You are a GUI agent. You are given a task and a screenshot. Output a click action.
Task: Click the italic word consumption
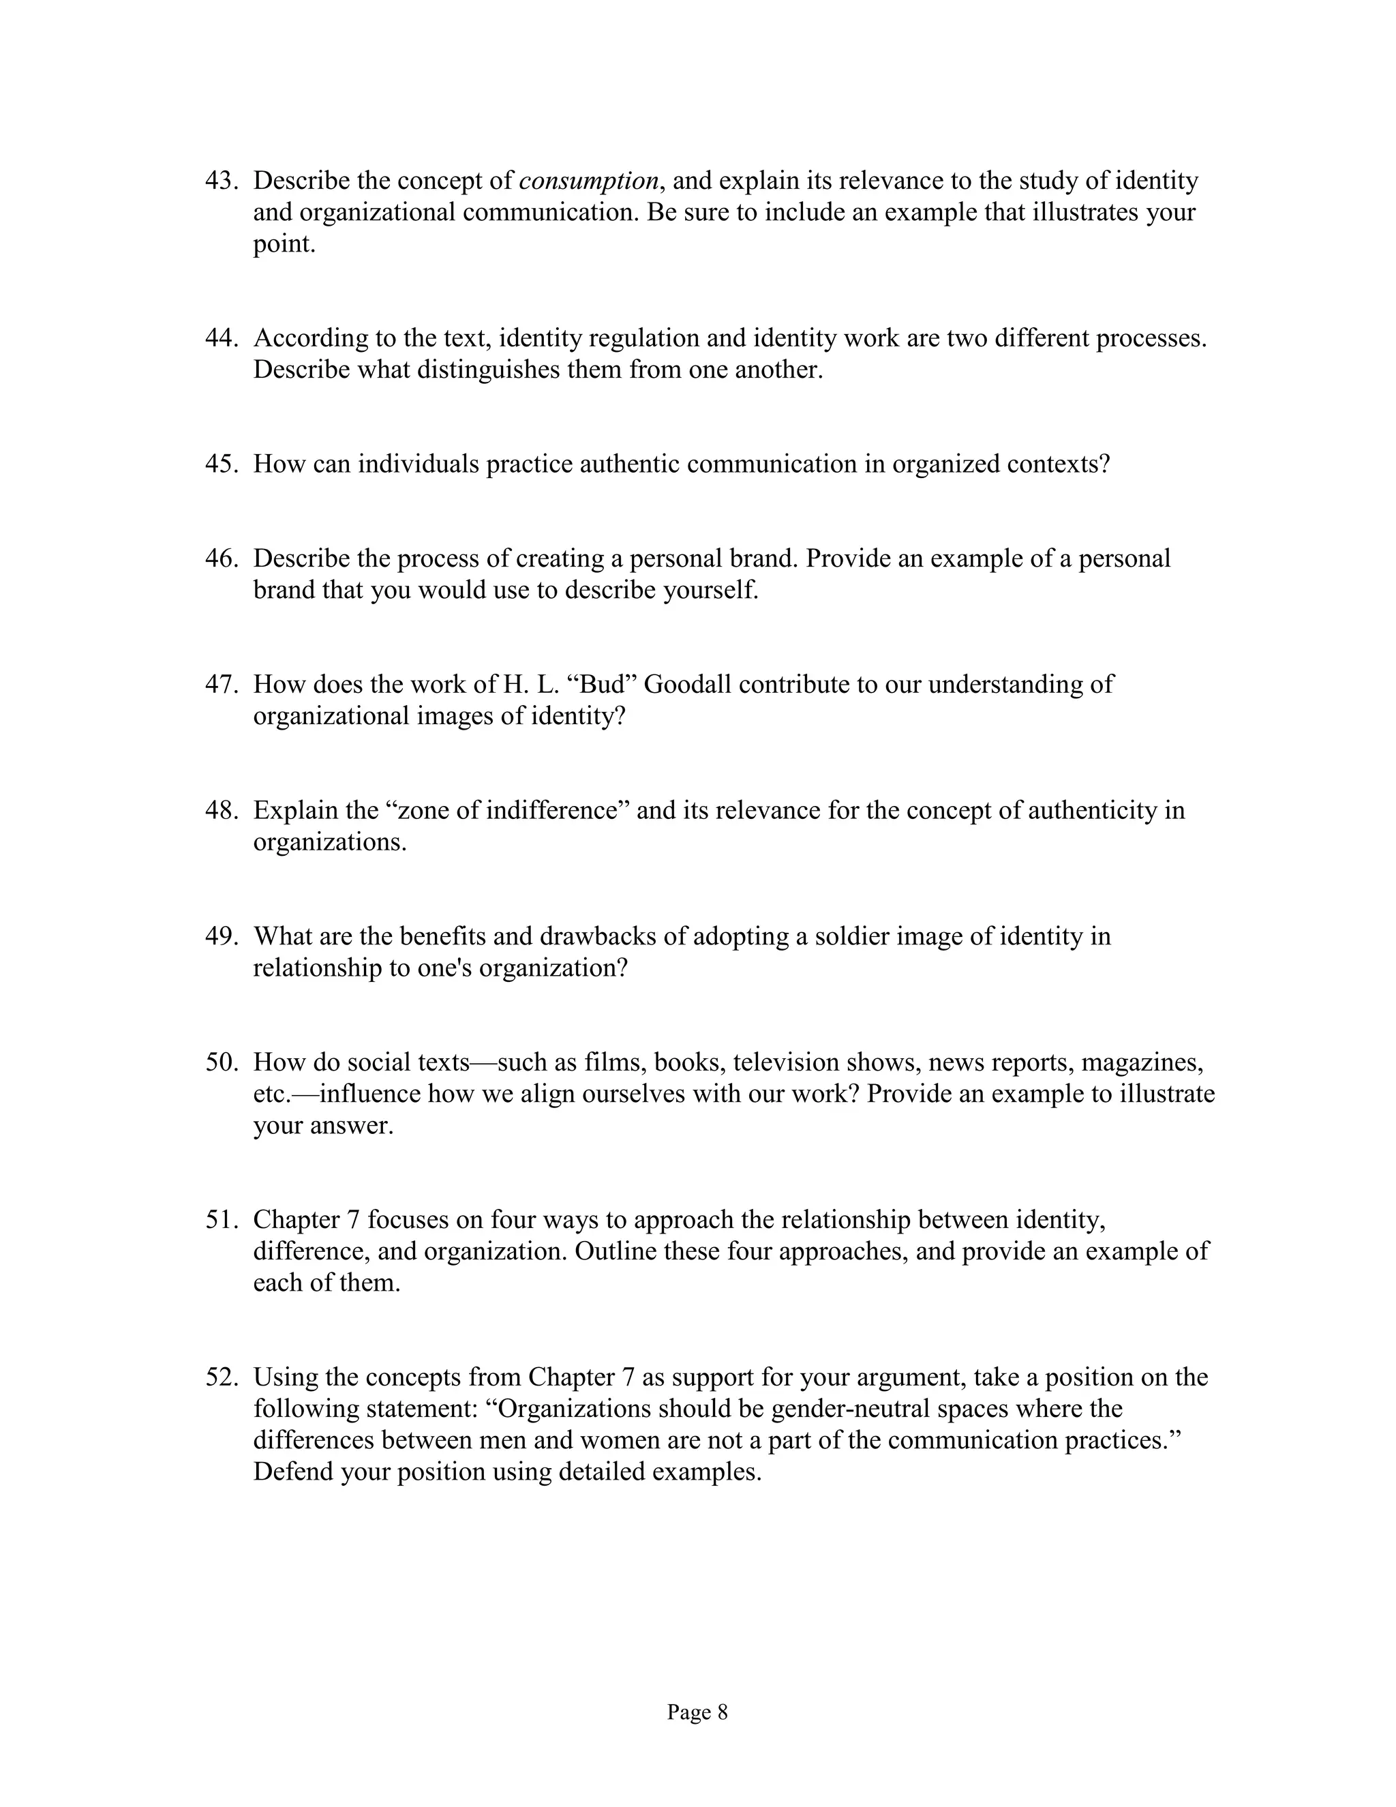(589, 181)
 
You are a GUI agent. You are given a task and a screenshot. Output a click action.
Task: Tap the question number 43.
(221, 181)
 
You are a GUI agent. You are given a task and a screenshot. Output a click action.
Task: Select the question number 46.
(221, 558)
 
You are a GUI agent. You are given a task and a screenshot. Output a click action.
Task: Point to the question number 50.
(221, 1062)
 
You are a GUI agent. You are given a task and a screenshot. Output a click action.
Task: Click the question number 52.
(221, 1377)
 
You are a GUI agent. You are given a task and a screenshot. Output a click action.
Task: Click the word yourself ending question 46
(710, 590)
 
